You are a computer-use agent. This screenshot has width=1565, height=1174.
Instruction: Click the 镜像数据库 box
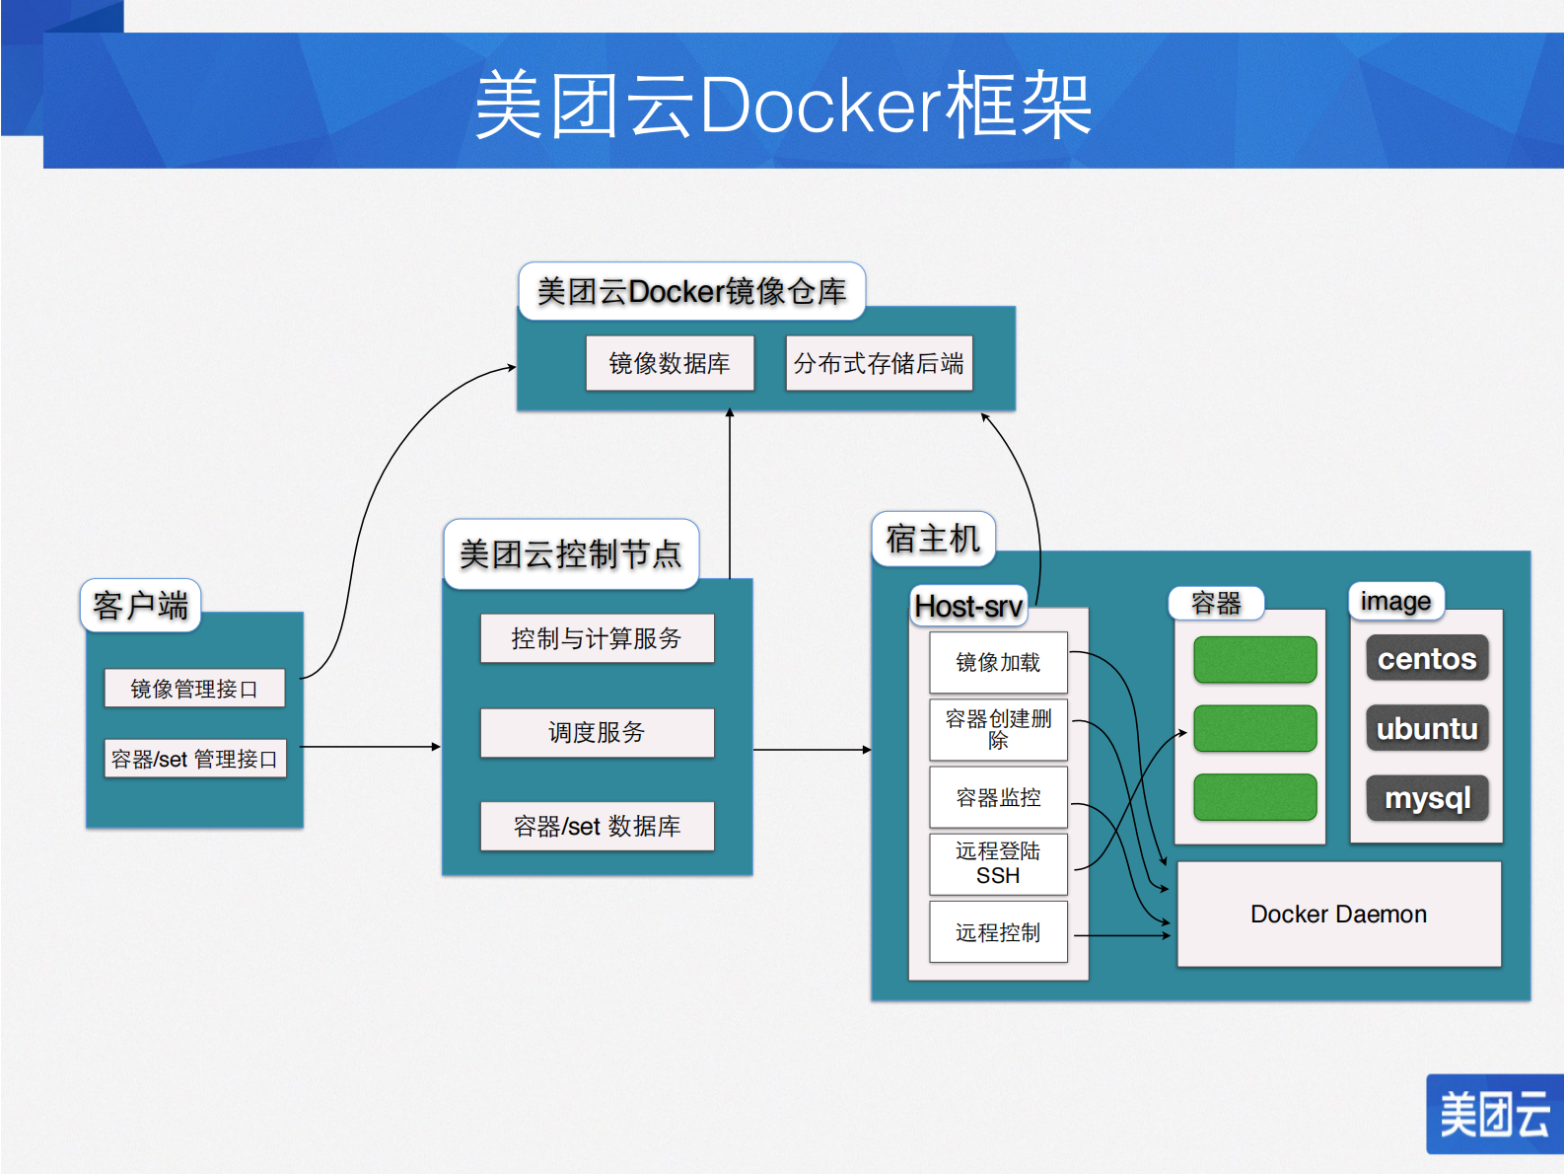(670, 363)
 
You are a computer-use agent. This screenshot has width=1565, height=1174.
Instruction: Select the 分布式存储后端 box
(879, 363)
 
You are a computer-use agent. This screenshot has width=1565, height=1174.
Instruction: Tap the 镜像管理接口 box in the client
(194, 689)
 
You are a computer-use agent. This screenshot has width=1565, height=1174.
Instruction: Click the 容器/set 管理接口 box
(194, 759)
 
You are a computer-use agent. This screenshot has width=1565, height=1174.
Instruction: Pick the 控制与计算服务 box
(597, 638)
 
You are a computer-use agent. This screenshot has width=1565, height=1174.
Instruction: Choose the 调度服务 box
(597, 732)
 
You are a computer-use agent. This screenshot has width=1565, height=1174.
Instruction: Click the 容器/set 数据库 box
(597, 826)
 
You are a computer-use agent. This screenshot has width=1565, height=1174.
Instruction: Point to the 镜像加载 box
(998, 662)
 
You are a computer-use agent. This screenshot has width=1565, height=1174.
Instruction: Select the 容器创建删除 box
(998, 730)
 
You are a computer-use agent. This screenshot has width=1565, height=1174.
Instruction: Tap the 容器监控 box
(998, 797)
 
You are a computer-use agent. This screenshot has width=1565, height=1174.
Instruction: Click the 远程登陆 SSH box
(998, 863)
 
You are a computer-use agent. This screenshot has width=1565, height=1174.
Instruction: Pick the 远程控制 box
(998, 932)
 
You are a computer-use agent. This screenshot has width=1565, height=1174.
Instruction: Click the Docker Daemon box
(1338, 915)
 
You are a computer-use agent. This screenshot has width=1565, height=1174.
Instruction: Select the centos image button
(1427, 658)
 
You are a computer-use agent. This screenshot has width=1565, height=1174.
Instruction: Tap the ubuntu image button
(1427, 728)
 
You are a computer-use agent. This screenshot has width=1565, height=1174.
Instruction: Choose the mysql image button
(1427, 797)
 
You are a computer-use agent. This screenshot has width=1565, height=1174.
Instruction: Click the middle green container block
(1254, 728)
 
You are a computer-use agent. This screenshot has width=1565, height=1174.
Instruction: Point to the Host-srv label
(968, 606)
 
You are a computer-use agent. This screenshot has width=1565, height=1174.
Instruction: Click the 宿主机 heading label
(933, 539)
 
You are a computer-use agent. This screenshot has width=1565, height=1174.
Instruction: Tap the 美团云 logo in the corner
(1494, 1114)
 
